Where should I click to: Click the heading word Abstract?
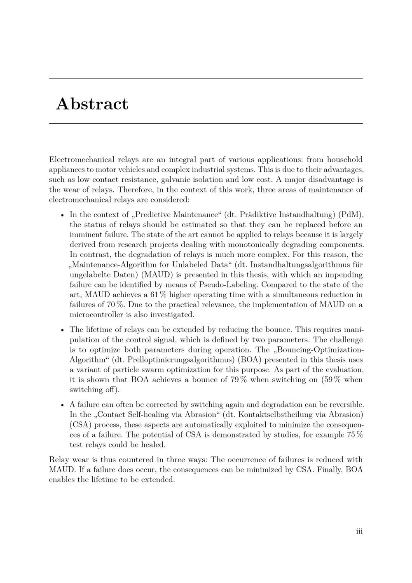tap(92, 104)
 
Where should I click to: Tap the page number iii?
tap(359, 531)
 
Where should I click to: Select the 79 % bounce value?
tap(239, 380)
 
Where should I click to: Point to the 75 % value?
tap(354, 435)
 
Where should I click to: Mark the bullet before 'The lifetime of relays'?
tap(62, 330)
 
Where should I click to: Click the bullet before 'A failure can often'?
tap(62, 405)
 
